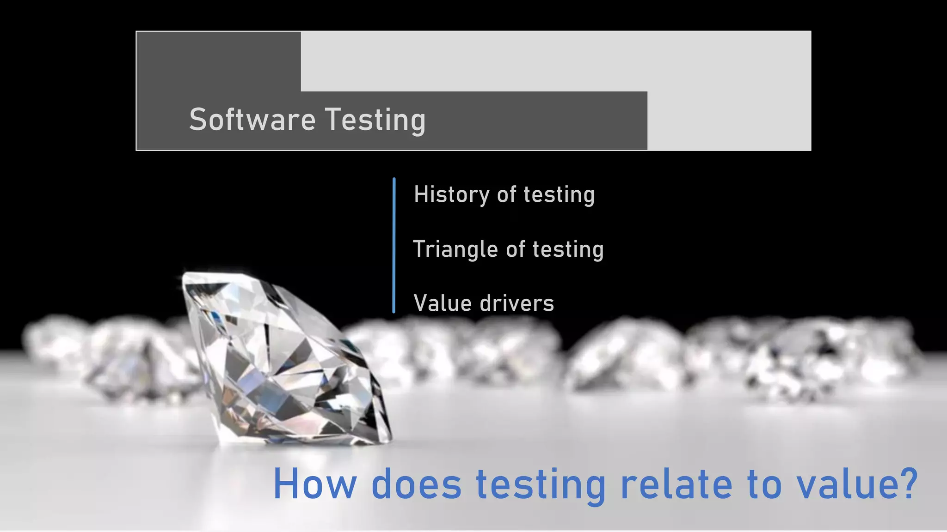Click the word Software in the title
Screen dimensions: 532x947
252,120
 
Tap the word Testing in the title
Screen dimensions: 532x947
375,120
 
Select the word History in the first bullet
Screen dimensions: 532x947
451,194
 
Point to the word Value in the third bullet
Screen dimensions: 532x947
443,303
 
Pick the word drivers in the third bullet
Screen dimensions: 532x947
517,303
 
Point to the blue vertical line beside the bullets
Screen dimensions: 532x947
394,245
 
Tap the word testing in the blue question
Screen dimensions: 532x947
541,485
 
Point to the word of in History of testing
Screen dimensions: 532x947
506,194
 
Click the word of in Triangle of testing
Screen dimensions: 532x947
516,249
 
